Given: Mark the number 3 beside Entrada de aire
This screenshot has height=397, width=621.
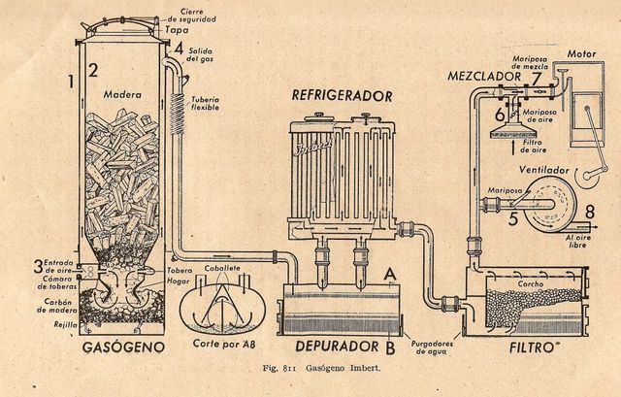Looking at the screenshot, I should tap(38, 265).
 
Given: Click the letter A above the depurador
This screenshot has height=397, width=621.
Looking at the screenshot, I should tap(389, 275).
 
